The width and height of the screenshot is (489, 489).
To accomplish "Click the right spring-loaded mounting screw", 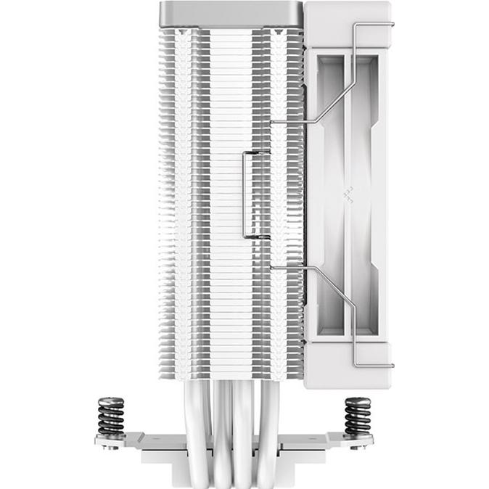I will coord(357,416).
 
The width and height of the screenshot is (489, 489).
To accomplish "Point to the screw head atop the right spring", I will coord(357,400).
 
